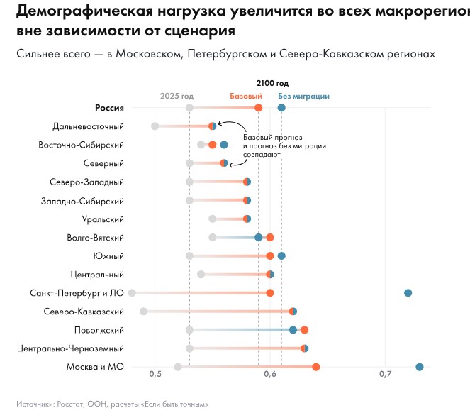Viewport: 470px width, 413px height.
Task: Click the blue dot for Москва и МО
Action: coord(420,367)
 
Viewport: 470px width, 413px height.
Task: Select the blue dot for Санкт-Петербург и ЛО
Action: coord(408,293)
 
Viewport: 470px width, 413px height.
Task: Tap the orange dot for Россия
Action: coord(258,107)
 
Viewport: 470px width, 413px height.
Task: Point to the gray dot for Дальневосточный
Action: coord(155,126)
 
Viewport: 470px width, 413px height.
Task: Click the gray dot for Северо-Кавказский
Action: coord(144,312)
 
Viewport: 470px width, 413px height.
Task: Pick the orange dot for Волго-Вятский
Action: coord(269,237)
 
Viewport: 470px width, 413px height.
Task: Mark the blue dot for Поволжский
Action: coord(293,330)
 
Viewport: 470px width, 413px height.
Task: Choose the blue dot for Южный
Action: coord(281,255)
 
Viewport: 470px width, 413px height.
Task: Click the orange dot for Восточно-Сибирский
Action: coord(212,145)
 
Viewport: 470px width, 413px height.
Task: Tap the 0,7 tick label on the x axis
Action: coord(385,374)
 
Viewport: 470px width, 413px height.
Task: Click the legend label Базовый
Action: coord(246,97)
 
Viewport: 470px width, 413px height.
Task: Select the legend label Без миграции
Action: coord(303,97)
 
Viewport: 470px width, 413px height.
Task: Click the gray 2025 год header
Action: coord(177,97)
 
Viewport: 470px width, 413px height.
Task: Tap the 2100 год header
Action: coord(272,84)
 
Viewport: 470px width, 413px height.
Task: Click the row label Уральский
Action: coord(104,219)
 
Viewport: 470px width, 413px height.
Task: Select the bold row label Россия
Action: coord(109,108)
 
